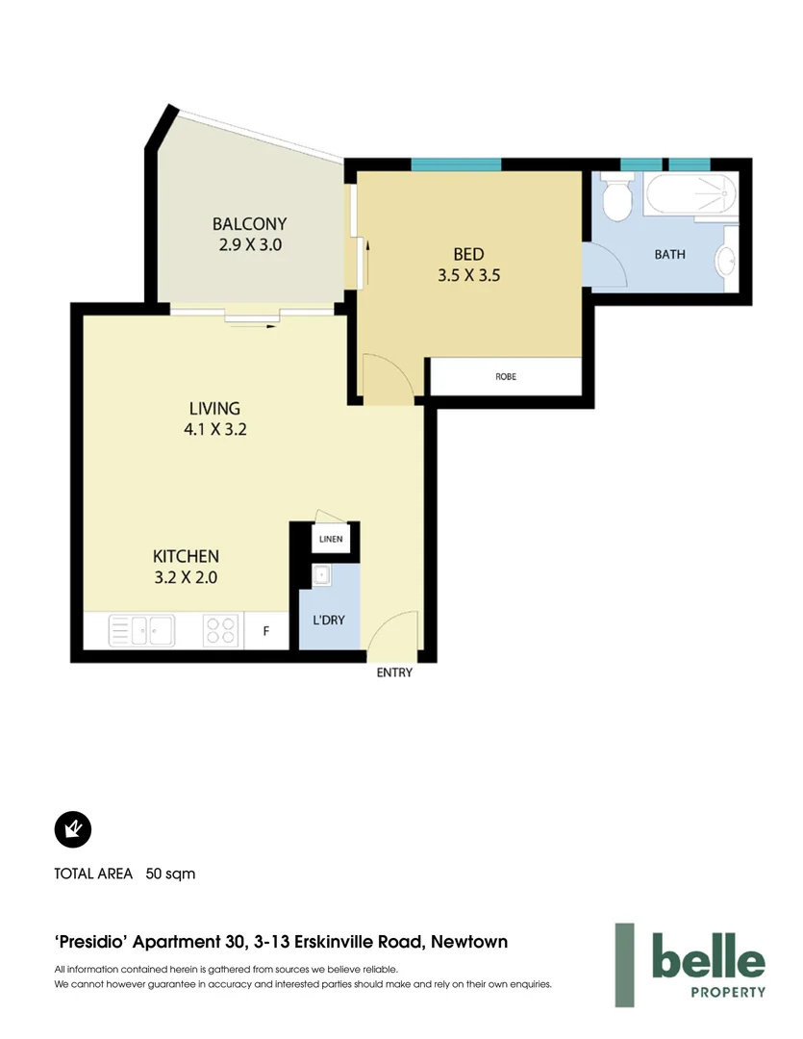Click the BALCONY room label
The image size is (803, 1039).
(x=249, y=224)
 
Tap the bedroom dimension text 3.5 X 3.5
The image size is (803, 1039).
(x=468, y=274)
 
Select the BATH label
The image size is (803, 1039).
(x=669, y=255)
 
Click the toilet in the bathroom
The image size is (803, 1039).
(x=615, y=200)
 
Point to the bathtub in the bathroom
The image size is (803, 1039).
(x=690, y=196)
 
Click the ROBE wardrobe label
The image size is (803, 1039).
(x=506, y=376)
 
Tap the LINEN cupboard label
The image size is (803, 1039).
(x=330, y=540)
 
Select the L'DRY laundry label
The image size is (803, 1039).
(x=329, y=620)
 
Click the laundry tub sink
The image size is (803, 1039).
(x=321, y=576)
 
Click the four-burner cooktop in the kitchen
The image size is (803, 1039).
(x=220, y=631)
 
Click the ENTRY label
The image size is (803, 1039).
(x=394, y=672)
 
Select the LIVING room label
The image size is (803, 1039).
(x=214, y=409)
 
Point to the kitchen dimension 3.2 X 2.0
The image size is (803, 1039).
(x=186, y=577)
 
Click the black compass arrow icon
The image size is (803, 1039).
(x=72, y=828)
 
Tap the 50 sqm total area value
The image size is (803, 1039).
(x=170, y=874)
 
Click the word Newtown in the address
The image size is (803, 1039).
(x=468, y=942)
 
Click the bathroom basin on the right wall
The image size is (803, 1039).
(x=728, y=260)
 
